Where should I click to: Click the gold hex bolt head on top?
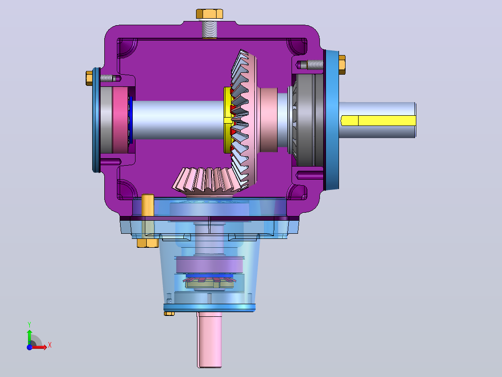pyautogui.click(x=210, y=14)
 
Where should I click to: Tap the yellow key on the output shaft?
pyautogui.click(x=378, y=121)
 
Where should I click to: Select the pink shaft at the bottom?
pyautogui.click(x=210, y=340)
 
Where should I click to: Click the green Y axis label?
pyautogui.click(x=29, y=324)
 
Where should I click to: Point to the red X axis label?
pyautogui.click(x=50, y=345)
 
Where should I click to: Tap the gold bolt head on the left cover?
pyautogui.click(x=89, y=78)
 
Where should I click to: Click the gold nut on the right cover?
pyautogui.click(x=342, y=65)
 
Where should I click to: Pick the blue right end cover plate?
pyautogui.click(x=332, y=120)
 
